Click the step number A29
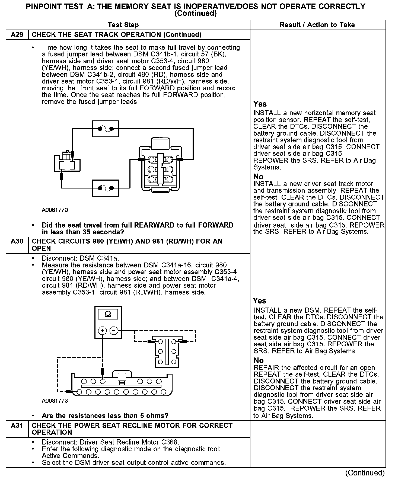(x=17, y=35)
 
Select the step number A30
(x=17, y=241)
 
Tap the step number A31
(x=17, y=425)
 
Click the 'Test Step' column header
(x=123, y=25)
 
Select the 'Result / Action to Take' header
(x=317, y=25)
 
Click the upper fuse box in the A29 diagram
(x=106, y=129)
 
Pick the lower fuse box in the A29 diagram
(x=106, y=188)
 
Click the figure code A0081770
(x=55, y=210)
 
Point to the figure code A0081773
(x=55, y=401)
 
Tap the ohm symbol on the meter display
(x=108, y=314)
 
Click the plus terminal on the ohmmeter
(x=102, y=330)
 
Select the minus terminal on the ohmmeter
(x=114, y=330)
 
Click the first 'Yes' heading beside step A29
(x=260, y=104)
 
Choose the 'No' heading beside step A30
(x=259, y=360)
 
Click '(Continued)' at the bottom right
(x=365, y=473)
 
